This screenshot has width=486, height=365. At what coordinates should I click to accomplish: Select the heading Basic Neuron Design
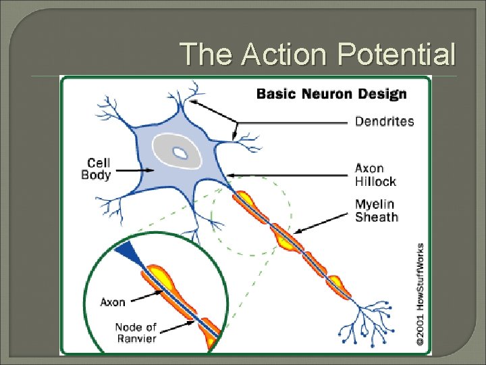[331, 93]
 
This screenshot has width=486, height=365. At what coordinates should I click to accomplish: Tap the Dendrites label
[384, 122]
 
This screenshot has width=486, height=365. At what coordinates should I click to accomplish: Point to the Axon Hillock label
[375, 174]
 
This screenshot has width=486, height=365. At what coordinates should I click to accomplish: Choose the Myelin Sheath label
[377, 210]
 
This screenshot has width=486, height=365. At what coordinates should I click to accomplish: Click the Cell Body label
[97, 168]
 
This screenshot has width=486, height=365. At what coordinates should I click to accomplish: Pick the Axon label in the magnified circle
[113, 302]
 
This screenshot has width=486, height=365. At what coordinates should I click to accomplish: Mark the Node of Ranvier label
[135, 333]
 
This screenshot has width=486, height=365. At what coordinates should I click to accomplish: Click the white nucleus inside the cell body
[180, 153]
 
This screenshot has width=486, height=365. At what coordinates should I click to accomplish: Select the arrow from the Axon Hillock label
[290, 175]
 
